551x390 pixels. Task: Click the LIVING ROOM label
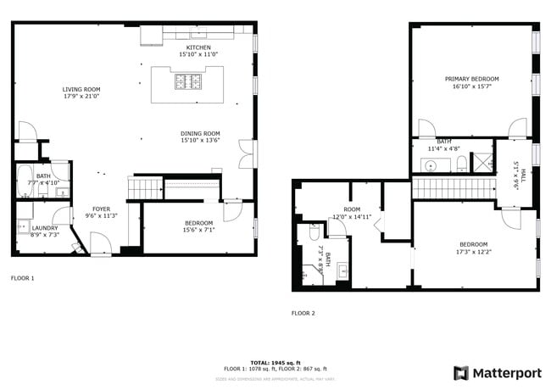point(81,89)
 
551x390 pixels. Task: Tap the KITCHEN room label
point(199,47)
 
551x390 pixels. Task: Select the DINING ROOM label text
point(200,133)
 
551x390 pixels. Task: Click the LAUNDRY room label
point(44,228)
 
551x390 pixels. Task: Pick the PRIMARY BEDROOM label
point(472,79)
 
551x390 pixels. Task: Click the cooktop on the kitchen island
point(187,82)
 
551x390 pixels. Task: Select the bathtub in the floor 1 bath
point(24,181)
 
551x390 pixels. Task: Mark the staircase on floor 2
point(453,188)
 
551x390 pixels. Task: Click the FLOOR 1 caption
point(23,277)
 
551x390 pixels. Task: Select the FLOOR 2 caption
point(303,313)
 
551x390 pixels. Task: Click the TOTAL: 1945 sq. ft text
point(275,362)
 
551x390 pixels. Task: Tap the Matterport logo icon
point(461,373)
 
